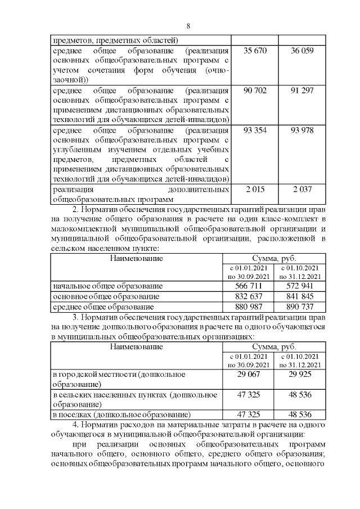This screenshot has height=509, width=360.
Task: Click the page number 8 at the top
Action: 188,26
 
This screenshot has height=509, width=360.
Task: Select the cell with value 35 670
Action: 255,51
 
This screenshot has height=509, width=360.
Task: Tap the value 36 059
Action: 302,51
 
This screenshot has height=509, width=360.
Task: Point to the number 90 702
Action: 255,91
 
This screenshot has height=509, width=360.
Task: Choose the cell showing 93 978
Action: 302,130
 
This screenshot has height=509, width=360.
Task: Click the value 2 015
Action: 255,189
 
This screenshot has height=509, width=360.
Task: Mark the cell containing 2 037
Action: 302,189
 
